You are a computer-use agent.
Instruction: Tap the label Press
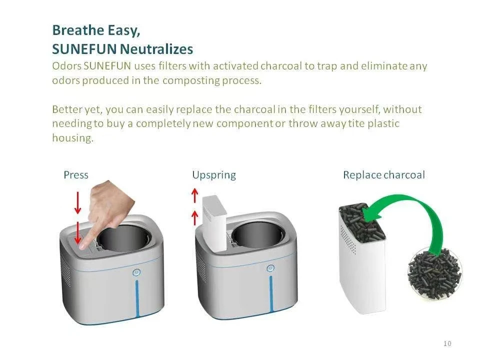75,175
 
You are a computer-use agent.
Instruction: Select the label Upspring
213,175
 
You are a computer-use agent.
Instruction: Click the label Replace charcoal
383,175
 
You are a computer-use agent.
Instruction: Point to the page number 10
447,343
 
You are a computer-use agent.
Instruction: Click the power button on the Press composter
136,272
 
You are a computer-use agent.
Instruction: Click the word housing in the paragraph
72,138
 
